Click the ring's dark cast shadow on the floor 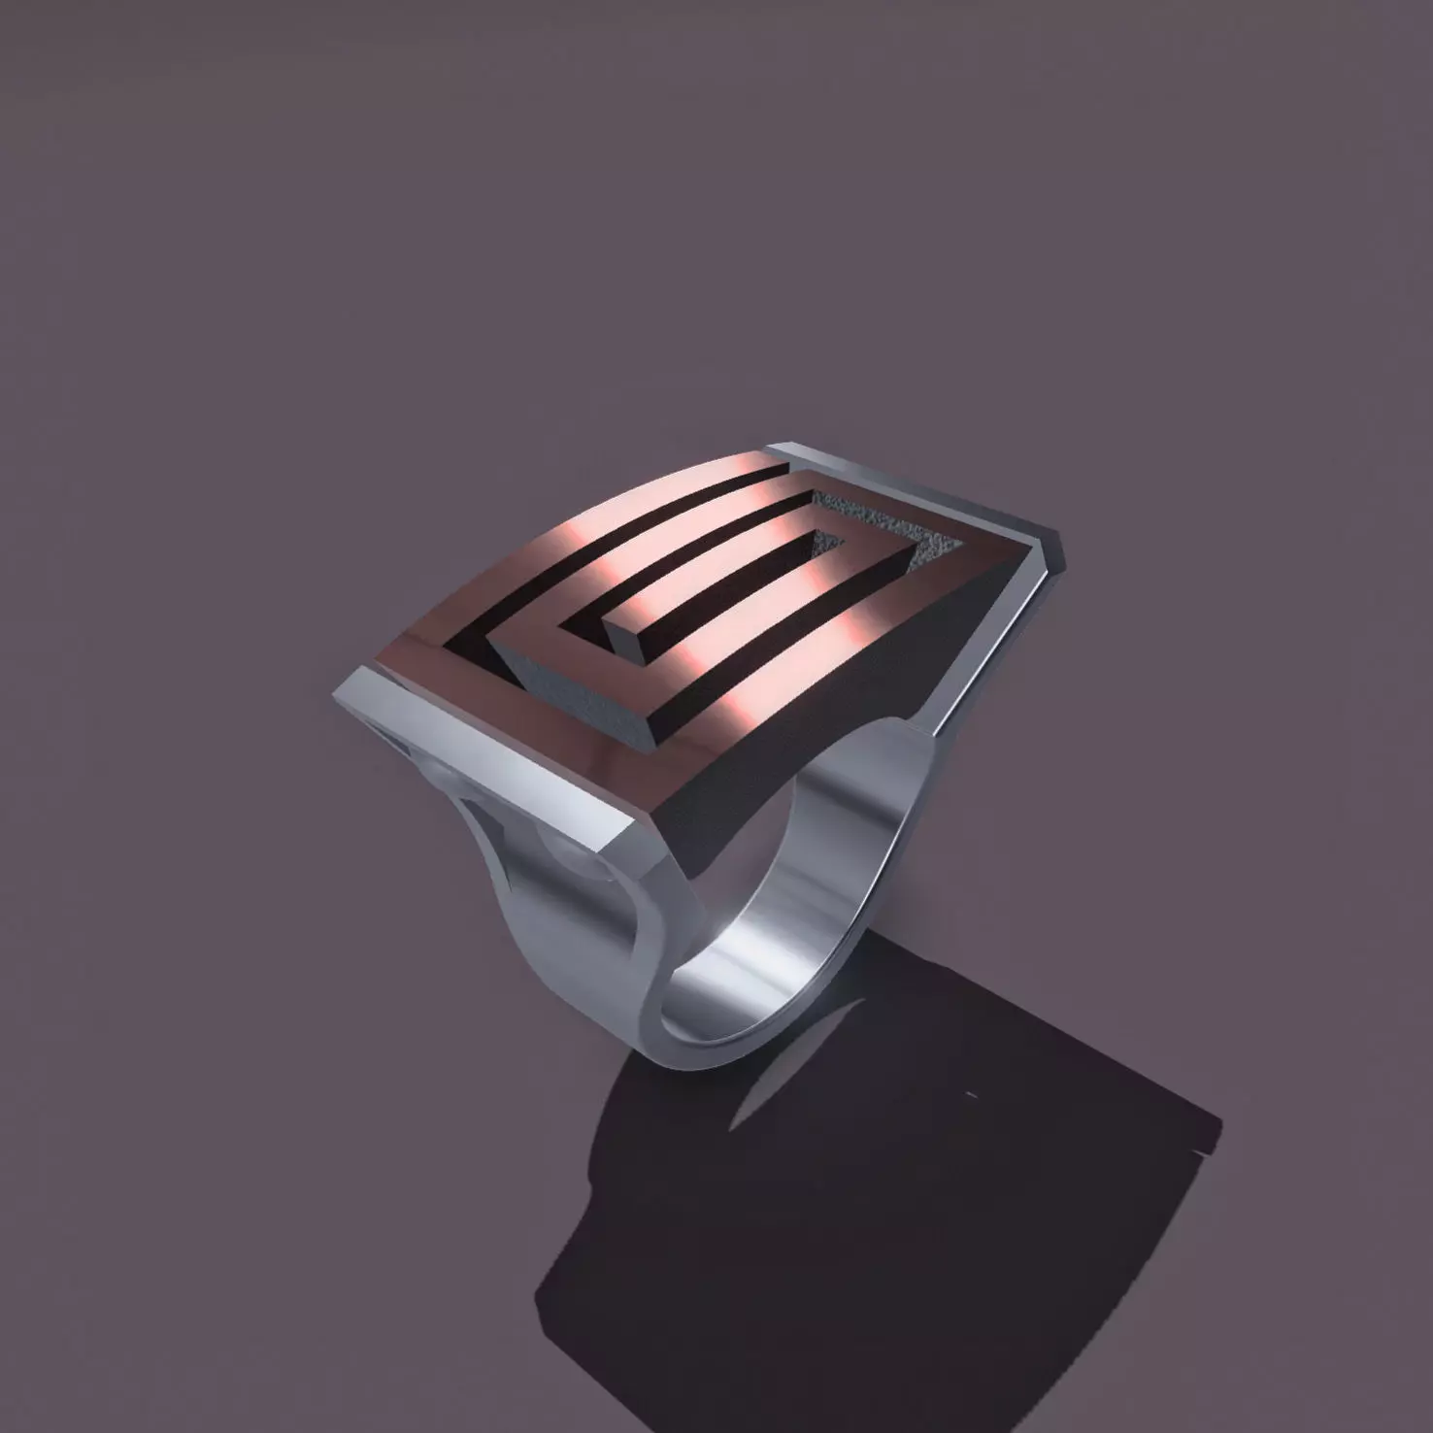(874, 1214)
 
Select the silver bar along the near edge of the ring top (485, 748)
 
